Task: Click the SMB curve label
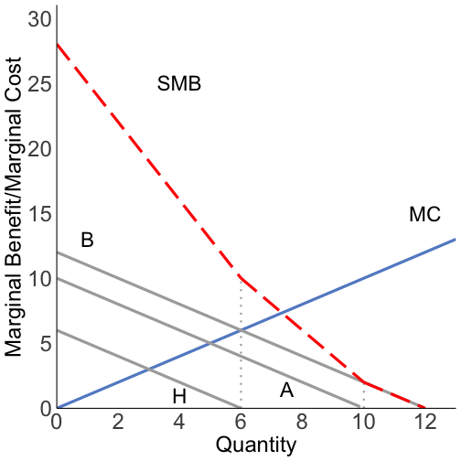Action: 179,85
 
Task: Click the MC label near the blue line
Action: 424,215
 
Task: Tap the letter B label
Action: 87,241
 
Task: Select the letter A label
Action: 286,391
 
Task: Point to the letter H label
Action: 179,396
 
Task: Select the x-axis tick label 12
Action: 424,423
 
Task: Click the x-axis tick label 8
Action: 302,423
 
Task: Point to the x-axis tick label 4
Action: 179,423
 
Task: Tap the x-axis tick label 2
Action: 118,423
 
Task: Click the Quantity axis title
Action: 255,445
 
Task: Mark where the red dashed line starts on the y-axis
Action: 57,44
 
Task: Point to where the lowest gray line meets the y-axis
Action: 57,330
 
